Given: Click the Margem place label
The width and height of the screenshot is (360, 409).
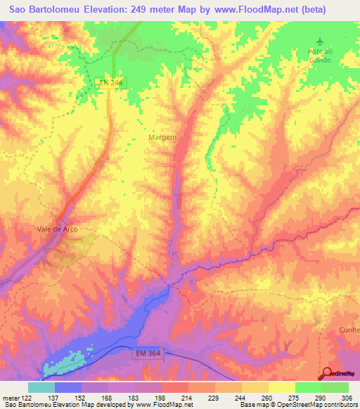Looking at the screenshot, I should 162,138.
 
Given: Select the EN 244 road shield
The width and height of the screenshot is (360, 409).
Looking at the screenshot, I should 109,83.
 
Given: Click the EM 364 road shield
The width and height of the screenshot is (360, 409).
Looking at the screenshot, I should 150,355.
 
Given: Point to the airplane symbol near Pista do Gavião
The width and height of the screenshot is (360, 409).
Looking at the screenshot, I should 322,42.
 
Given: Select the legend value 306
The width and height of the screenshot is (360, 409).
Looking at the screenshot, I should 347,398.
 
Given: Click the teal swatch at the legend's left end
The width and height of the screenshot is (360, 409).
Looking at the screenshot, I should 41,387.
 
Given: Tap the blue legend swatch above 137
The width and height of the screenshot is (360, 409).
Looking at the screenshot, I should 68,387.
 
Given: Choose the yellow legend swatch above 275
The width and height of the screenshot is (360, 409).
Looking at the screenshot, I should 281,387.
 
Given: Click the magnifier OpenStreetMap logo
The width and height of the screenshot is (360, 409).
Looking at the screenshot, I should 326,372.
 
